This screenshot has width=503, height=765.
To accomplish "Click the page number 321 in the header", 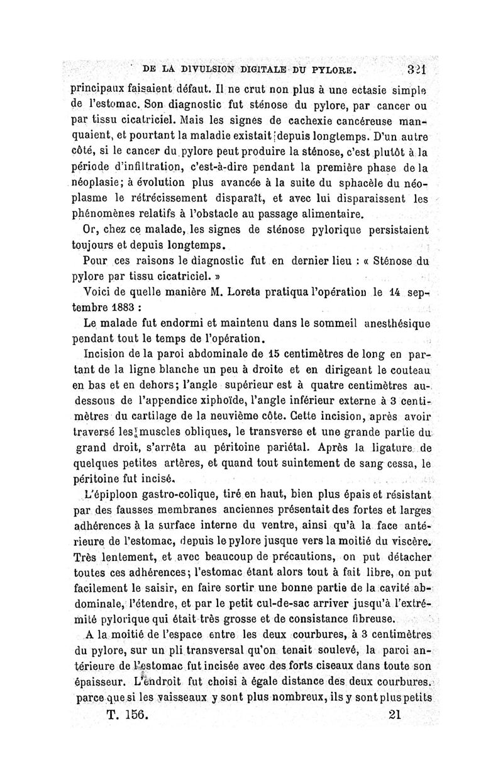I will [417, 67].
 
